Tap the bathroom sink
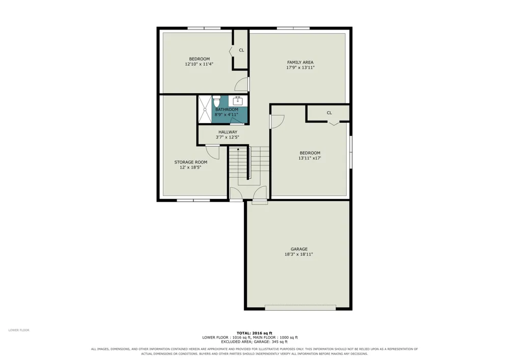pos(238,101)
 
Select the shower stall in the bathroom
pos(205,109)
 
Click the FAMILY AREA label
pos(300,62)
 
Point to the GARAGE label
pos(299,249)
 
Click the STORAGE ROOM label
pos(190,162)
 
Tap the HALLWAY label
pos(228,132)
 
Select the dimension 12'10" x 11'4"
pos(199,64)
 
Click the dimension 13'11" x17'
pos(309,158)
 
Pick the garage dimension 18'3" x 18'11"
pos(299,254)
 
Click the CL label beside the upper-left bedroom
pos(241,50)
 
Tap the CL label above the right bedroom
pos(329,113)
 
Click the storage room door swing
pos(213,152)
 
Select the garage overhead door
pos(300,307)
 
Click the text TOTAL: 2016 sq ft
pos(254,333)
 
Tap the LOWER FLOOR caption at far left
pos(19,330)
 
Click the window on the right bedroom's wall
pos(351,152)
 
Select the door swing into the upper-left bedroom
pos(241,84)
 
